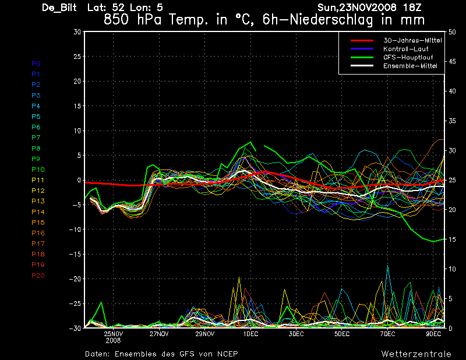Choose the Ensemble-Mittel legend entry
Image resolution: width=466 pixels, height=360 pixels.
click(x=410, y=66)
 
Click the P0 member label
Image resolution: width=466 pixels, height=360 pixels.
click(x=36, y=63)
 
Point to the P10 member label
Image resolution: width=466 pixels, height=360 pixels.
click(x=38, y=170)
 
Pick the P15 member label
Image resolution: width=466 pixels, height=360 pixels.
click(x=38, y=223)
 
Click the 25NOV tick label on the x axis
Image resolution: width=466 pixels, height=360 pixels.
click(x=114, y=334)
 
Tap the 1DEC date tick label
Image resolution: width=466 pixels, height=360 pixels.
click(x=251, y=334)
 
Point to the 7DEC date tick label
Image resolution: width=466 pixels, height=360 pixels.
click(x=388, y=334)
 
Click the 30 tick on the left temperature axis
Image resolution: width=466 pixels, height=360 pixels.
click(x=77, y=32)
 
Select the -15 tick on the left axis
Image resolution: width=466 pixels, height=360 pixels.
click(x=75, y=255)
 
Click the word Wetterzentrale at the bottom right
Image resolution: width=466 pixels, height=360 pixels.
click(x=416, y=354)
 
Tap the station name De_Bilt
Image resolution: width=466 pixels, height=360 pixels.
click(x=60, y=8)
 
